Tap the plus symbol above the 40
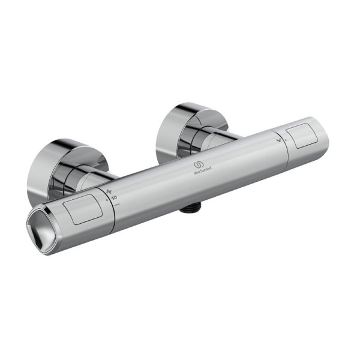[109, 191]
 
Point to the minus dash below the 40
[116, 204]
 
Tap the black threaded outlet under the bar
[191, 209]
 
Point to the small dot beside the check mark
[286, 139]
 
